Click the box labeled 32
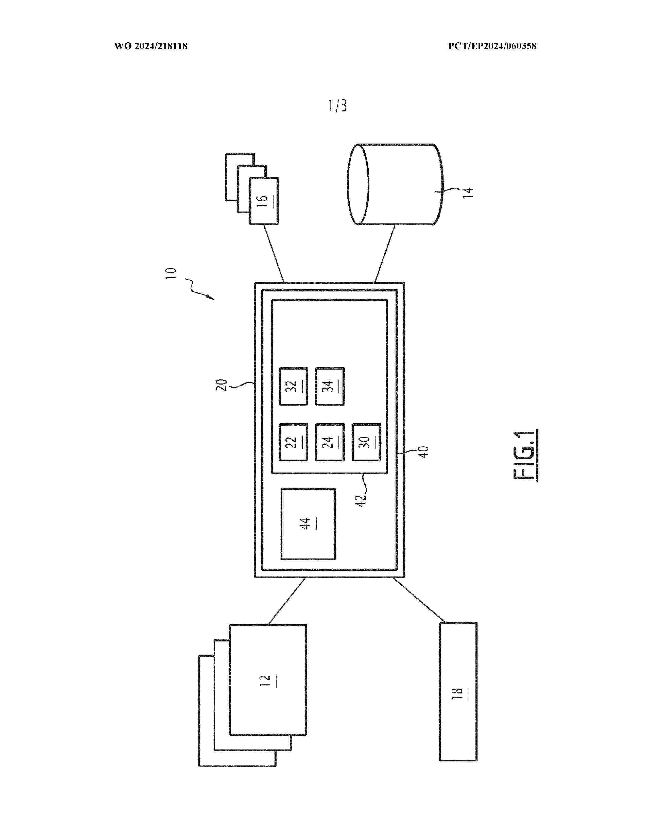(293, 386)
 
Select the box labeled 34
(330, 386)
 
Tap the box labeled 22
(293, 442)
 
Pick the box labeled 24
(330, 442)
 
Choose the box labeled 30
(366, 442)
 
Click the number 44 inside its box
(305, 524)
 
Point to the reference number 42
(361, 500)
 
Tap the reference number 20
(222, 385)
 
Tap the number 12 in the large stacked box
(265, 680)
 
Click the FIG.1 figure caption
(524, 455)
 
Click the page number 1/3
(337, 106)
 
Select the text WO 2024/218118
(151, 46)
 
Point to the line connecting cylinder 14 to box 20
(384, 254)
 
